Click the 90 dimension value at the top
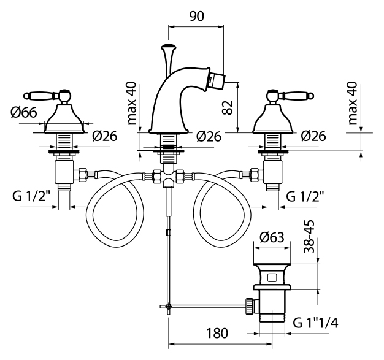pos(196,17)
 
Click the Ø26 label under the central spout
pos(209,136)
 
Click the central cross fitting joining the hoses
pos(168,178)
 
